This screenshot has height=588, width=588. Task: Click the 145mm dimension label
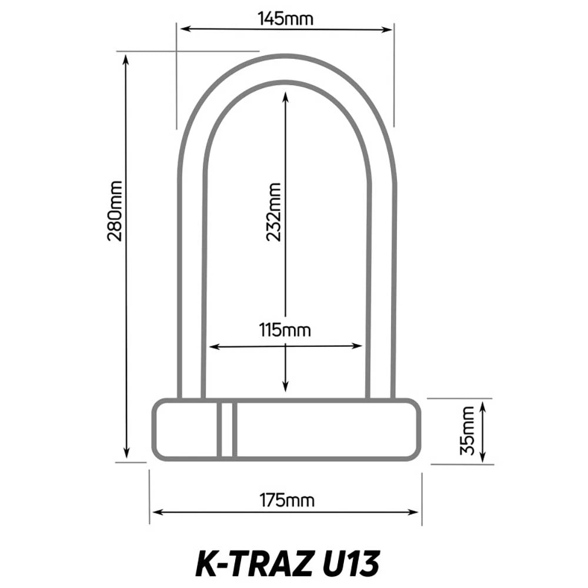click(x=286, y=18)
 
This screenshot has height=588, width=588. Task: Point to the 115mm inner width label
click(x=285, y=330)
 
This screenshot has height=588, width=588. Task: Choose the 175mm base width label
click(x=287, y=500)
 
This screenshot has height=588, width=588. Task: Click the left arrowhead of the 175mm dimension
click(x=155, y=512)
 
